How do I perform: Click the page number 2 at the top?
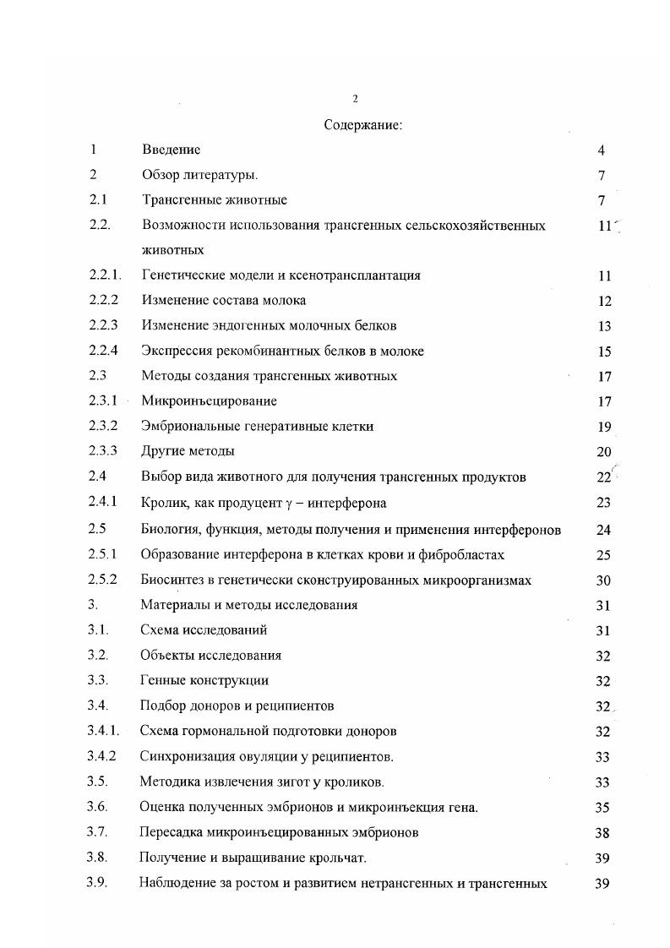[x=355, y=99]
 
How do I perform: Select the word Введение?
[x=172, y=150]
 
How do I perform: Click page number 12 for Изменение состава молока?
[x=603, y=301]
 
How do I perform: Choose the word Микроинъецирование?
[x=210, y=401]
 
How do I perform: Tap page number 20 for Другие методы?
[x=603, y=452]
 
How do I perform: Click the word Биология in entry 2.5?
[x=171, y=530]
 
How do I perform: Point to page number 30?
[x=603, y=580]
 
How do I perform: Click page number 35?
[x=602, y=808]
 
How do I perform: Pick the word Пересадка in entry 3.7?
[x=169, y=832]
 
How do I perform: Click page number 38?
[x=602, y=833]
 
